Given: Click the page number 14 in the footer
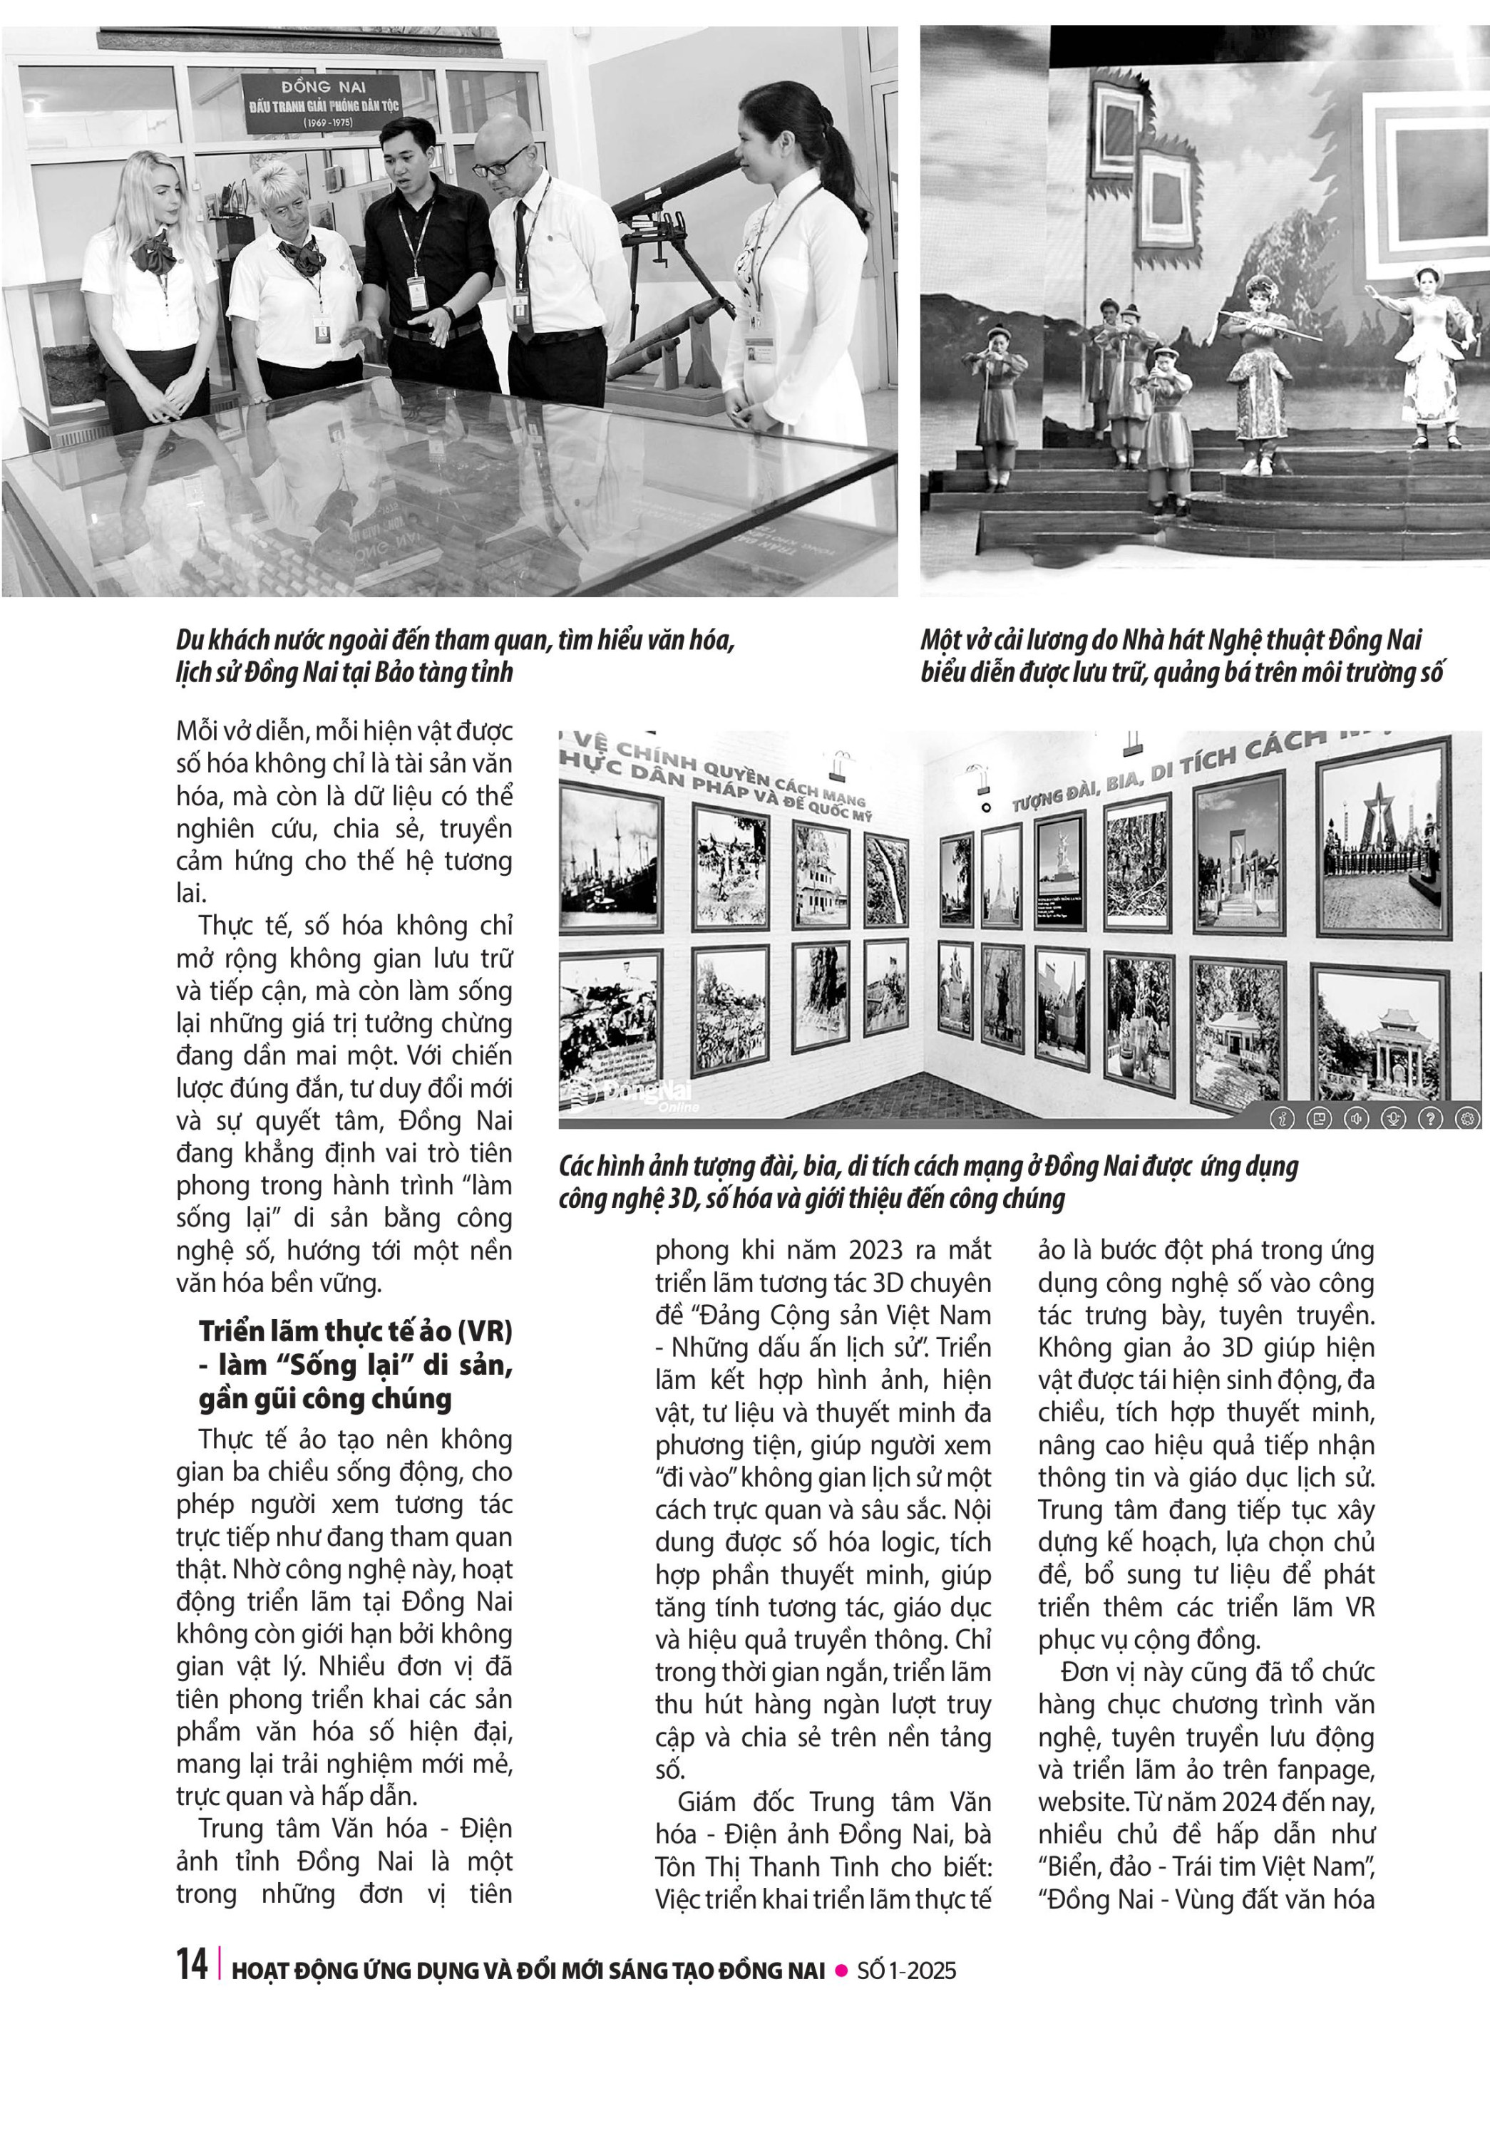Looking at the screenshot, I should click(x=192, y=1964).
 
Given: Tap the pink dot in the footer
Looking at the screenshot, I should click(x=841, y=1971).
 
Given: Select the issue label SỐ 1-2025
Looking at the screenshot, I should click(x=907, y=1971).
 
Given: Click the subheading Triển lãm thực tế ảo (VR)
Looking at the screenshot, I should click(x=356, y=1331).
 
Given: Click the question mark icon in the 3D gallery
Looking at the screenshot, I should click(x=1430, y=1118).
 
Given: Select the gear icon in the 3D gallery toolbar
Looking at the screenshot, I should click(x=1468, y=1118).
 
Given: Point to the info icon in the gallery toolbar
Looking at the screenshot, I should click(x=1283, y=1118).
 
